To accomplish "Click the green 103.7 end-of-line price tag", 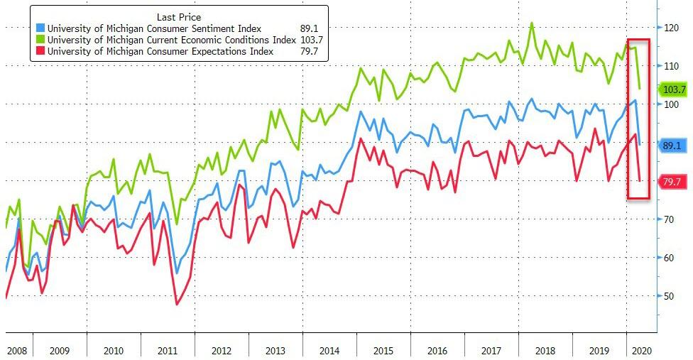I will click(673, 89).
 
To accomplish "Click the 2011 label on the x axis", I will click(168, 351).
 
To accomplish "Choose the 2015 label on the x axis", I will click(384, 351).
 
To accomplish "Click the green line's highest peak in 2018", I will click(532, 23).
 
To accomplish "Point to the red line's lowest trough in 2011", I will click(176, 305).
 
